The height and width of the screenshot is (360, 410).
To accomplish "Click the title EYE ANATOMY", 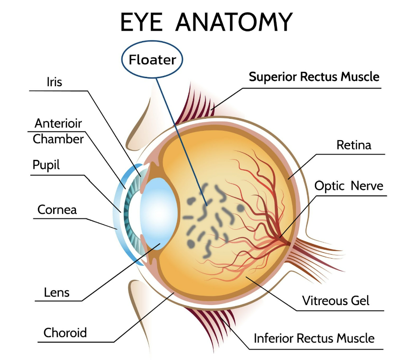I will coord(206,22).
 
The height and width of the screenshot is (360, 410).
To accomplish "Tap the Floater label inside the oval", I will coord(152,59).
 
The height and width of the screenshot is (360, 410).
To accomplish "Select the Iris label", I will coord(54,82).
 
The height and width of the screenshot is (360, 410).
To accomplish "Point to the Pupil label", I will coord(46,165).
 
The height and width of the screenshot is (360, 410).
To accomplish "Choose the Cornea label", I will coord(57,209).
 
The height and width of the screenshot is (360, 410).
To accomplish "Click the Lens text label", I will coord(57,293).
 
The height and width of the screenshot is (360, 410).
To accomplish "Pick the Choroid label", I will coord(65,333).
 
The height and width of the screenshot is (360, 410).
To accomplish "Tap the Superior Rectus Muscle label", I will coord(314,77).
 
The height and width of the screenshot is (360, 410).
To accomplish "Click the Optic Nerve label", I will coord(349,185).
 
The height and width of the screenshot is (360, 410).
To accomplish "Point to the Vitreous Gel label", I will coord(336,300).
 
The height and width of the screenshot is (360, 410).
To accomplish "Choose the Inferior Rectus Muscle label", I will coord(314,338).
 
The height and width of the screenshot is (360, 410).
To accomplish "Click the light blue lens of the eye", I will coord(159,210).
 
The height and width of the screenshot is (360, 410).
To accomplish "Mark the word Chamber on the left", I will coord(58,139).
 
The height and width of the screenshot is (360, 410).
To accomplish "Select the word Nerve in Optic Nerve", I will coord(367,185).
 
